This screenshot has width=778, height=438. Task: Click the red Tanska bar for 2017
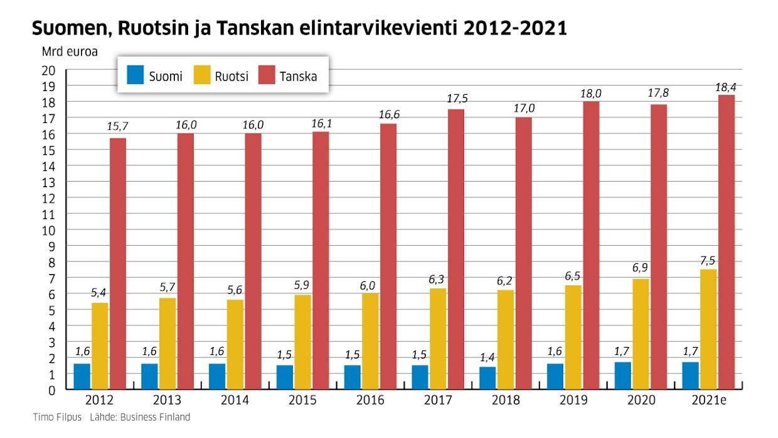point(456,250)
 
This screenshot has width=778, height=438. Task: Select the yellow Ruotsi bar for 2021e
point(708,329)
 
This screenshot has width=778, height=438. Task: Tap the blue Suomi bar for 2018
point(488,378)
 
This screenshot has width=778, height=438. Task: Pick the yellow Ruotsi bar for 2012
point(100,346)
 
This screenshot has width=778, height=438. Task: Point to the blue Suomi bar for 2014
point(217,377)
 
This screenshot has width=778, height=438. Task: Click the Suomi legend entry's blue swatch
point(135,75)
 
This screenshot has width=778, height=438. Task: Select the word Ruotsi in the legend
point(232,77)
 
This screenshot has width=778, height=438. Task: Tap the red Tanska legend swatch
point(265,75)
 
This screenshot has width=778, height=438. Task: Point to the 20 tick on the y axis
point(49,70)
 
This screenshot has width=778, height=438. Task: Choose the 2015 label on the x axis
point(302,400)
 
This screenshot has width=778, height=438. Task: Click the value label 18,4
point(726,87)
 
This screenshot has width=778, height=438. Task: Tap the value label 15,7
point(118,127)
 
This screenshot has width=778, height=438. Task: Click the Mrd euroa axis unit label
point(70,52)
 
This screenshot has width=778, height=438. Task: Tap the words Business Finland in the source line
point(158,417)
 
